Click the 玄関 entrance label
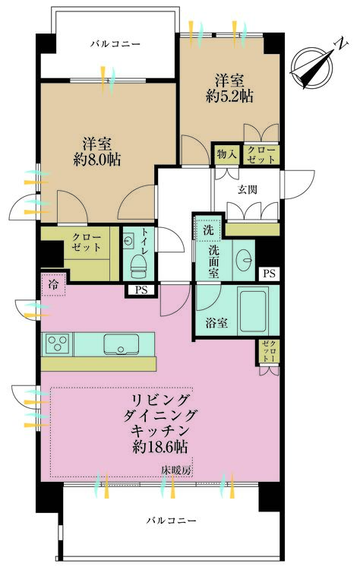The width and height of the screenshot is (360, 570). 248,189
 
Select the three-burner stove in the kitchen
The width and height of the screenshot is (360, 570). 58,344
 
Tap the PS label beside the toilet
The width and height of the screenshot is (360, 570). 141,290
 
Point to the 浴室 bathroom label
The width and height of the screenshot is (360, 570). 214,322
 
